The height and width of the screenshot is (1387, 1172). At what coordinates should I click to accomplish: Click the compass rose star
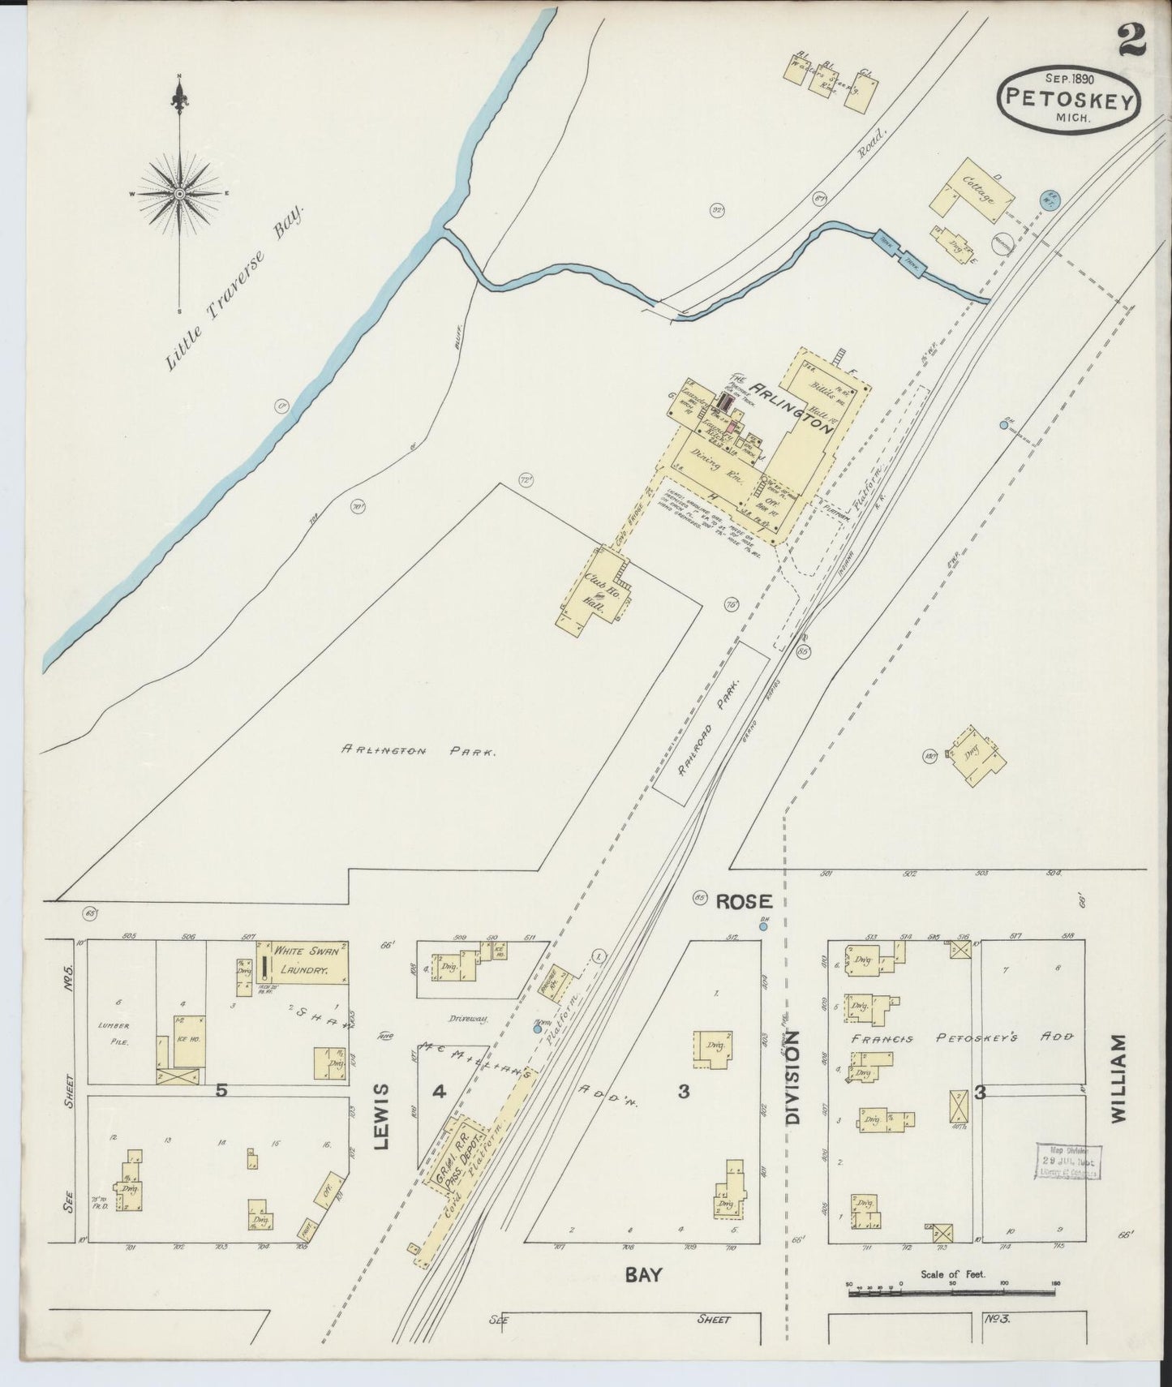click(x=179, y=194)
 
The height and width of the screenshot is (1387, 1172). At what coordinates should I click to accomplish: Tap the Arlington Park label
click(x=419, y=752)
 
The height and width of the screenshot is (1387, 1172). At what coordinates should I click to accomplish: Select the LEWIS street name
click(x=384, y=1116)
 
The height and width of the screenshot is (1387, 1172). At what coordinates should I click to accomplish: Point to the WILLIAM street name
click(x=1119, y=1078)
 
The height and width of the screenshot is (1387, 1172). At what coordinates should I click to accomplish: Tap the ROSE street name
click(x=744, y=901)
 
